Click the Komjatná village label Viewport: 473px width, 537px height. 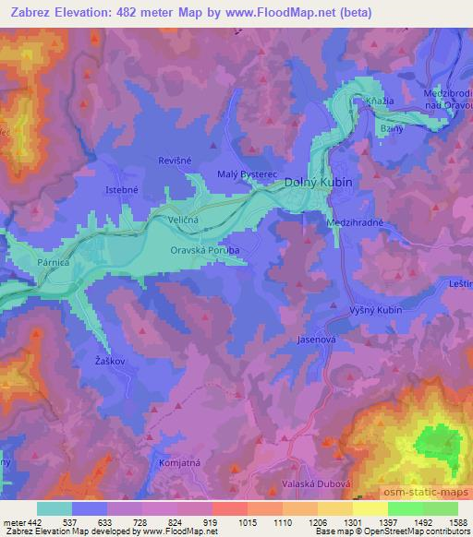click(x=178, y=461)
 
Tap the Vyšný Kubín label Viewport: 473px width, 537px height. click(x=376, y=310)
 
